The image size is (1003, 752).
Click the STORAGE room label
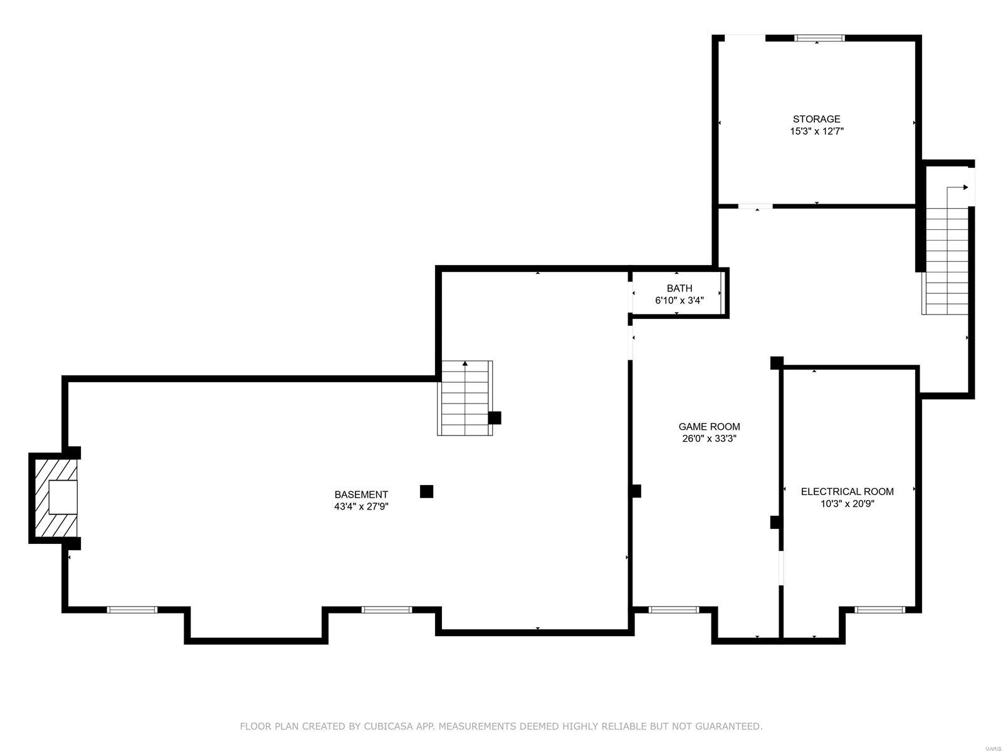(x=816, y=119)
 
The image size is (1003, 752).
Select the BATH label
(x=680, y=288)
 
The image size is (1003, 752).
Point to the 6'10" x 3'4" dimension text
(x=680, y=301)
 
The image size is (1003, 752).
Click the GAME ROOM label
(x=709, y=427)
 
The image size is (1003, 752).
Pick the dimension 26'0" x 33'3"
(x=709, y=439)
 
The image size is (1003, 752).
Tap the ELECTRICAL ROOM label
(x=847, y=491)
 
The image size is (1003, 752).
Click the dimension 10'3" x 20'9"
(x=847, y=504)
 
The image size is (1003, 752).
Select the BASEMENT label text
(x=361, y=494)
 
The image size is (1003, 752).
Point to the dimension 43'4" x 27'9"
(x=361, y=507)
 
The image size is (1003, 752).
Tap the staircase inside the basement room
(x=465, y=398)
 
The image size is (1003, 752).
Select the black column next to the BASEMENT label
(x=426, y=491)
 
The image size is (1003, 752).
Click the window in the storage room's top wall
(x=819, y=38)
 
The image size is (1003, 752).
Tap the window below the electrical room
(x=880, y=609)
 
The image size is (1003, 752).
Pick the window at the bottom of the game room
(x=673, y=609)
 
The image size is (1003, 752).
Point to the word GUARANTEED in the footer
(x=730, y=726)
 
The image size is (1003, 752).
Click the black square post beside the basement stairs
(x=495, y=417)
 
